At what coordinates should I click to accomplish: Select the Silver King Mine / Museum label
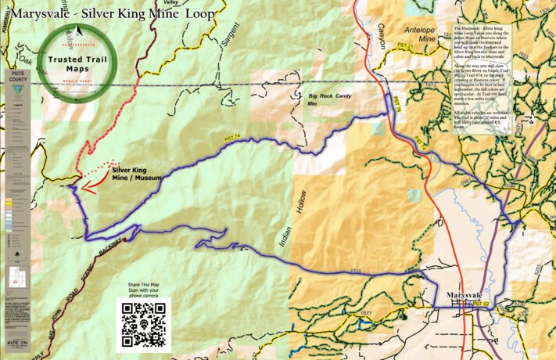136,173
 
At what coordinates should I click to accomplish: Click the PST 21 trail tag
405,48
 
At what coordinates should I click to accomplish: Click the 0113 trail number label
356,271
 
